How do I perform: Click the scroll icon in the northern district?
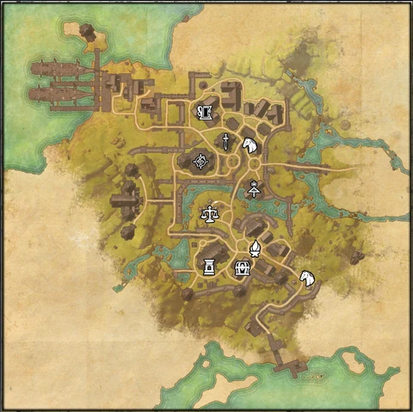(205, 112)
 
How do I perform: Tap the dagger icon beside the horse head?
(225, 141)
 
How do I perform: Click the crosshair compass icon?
(201, 161)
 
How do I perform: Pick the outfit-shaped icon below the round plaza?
(253, 189)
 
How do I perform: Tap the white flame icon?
(255, 249)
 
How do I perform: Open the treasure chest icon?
(242, 267)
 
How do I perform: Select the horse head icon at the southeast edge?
(307, 278)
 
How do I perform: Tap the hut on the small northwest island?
(87, 32)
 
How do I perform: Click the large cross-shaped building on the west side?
(125, 205)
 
